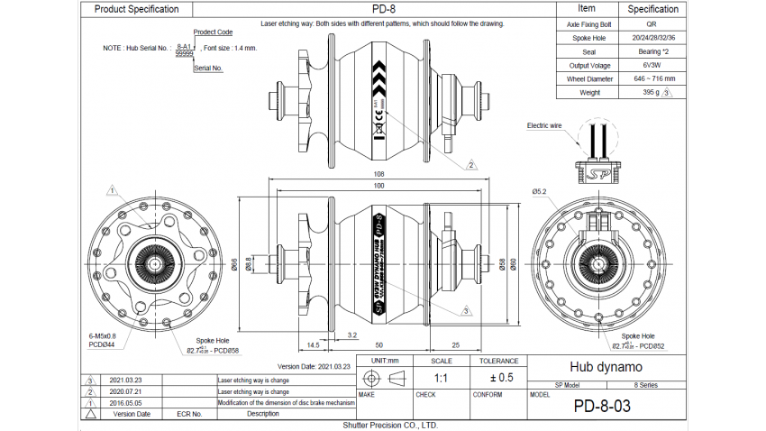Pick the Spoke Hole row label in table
coord(587,38)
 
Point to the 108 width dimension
coord(378,175)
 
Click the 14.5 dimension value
coord(314,344)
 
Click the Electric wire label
coord(544,125)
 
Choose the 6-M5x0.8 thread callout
coord(103,335)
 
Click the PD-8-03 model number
coord(602,406)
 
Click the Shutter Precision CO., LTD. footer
coord(389,424)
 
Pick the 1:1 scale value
coord(442,378)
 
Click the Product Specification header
coord(136,9)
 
